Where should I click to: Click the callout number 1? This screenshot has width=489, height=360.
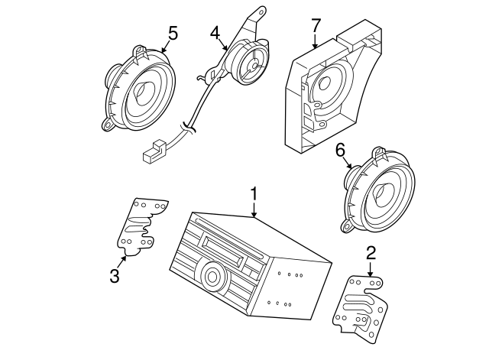[x=254, y=195]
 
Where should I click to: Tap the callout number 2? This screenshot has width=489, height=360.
[x=371, y=251]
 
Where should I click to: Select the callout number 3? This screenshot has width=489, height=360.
[x=114, y=275]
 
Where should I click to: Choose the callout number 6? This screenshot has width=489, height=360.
[x=341, y=150]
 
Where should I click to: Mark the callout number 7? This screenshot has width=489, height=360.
[x=315, y=24]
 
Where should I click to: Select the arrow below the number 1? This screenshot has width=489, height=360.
[x=254, y=212]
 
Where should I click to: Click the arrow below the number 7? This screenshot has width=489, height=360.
[x=315, y=41]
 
